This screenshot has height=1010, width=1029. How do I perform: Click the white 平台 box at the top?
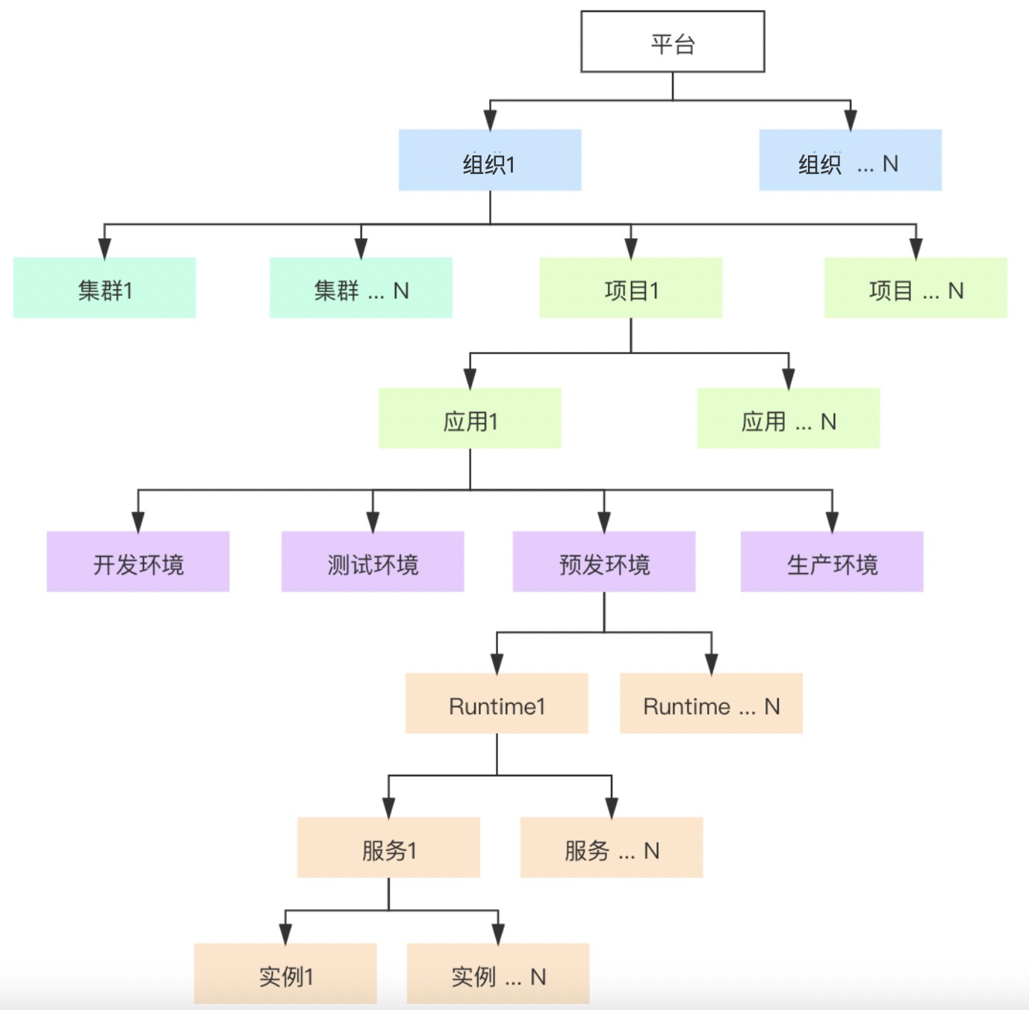click(672, 42)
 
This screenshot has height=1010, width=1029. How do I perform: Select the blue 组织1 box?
click(490, 160)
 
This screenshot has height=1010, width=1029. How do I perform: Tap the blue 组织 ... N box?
click(850, 160)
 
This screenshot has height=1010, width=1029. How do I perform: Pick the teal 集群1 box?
click(105, 288)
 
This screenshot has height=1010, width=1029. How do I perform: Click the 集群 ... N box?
click(361, 288)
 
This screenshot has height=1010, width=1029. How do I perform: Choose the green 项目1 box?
click(631, 288)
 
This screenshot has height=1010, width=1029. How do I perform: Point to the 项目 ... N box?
click(915, 288)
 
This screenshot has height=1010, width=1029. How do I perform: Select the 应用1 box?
click(470, 418)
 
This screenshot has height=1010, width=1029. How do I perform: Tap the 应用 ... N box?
click(788, 418)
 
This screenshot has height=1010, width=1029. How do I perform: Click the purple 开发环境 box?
click(138, 562)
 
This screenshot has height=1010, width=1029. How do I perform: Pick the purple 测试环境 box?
click(373, 562)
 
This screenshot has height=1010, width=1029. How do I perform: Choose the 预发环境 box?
click(604, 562)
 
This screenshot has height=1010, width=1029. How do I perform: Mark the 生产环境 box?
click(832, 562)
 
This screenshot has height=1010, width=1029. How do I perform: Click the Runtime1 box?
click(497, 704)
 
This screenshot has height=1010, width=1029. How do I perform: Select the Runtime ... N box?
click(711, 704)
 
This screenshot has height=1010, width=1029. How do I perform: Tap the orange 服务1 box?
click(388, 847)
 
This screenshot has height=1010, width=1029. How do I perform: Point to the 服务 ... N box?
click(612, 847)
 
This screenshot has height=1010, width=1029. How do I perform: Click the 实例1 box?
click(285, 973)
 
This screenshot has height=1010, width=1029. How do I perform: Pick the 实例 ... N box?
click(498, 973)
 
